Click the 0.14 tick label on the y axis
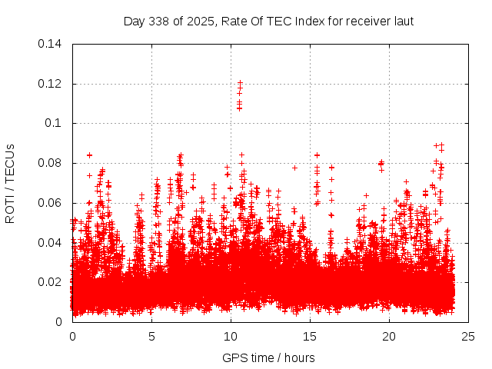[52, 44]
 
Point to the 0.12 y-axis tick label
[52, 84]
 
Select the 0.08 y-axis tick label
[52, 163]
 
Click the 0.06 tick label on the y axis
[52, 203]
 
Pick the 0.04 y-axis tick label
[52, 243]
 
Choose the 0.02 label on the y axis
[52, 282]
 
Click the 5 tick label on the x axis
[151, 336]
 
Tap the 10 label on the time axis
[231, 336]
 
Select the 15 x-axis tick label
[310, 336]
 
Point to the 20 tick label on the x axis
[389, 336]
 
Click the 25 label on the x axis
[468, 336]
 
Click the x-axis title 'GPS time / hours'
[268, 357]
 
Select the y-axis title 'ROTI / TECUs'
[10, 183]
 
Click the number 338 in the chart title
[158, 21]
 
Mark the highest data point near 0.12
[240, 82]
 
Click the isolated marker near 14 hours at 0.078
[294, 168]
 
